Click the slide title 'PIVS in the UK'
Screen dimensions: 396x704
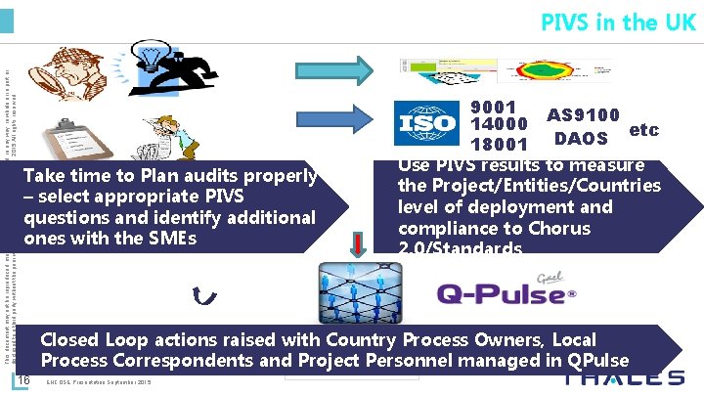(618, 22)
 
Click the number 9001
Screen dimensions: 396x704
(494, 106)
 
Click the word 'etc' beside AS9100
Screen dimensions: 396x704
(672, 129)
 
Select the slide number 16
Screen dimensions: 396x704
(26, 380)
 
